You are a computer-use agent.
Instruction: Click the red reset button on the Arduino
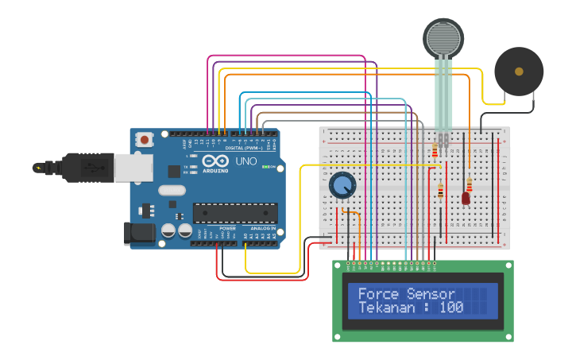(145, 140)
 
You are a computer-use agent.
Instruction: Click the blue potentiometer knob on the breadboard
(342, 186)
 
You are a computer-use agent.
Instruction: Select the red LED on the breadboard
(466, 199)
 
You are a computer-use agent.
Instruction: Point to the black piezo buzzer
(519, 72)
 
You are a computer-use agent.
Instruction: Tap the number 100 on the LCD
(451, 307)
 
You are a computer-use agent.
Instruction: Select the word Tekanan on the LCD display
(385, 307)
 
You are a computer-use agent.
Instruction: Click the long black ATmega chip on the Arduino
(235, 212)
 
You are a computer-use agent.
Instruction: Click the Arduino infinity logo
(215, 161)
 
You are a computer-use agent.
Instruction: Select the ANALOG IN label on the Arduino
(262, 228)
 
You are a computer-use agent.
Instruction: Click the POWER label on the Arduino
(227, 228)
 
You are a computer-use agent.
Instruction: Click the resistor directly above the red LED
(469, 184)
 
